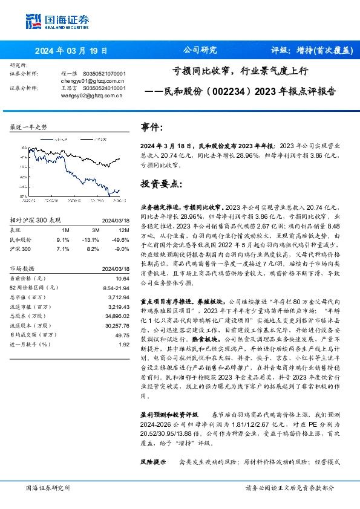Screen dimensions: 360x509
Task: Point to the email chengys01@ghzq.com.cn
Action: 92,80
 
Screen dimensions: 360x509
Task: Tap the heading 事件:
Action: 152,128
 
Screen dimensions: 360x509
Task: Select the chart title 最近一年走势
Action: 28,127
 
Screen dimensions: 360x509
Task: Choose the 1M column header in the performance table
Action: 65,230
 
